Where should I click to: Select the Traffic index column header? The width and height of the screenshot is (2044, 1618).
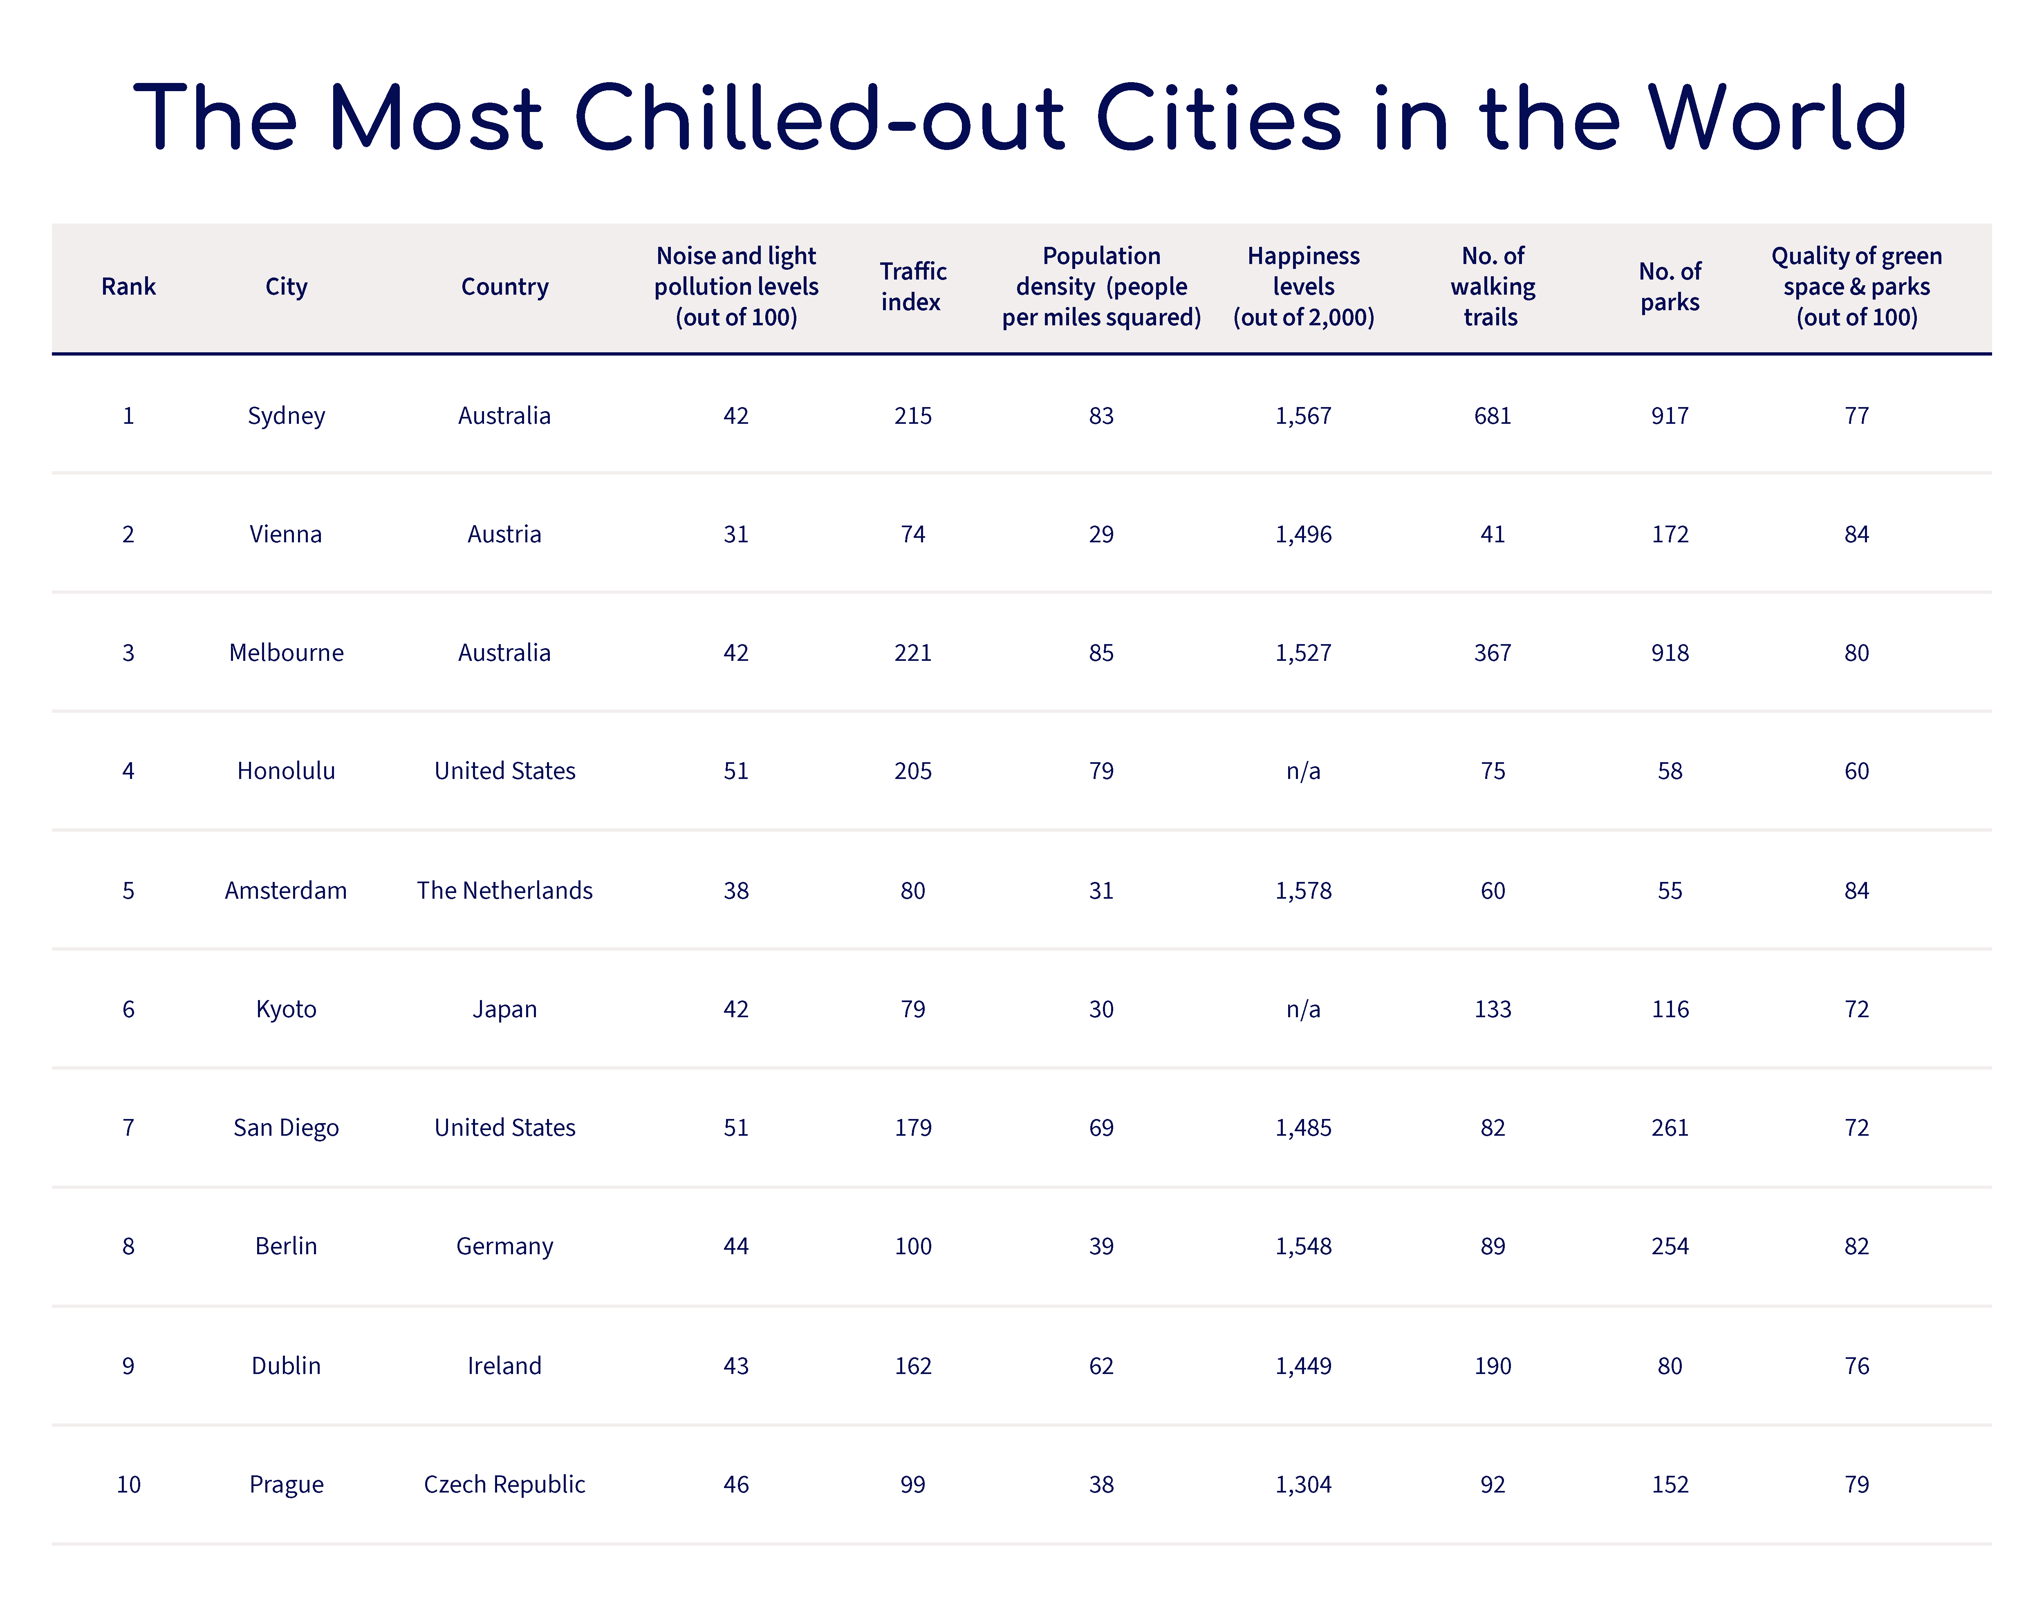(x=912, y=286)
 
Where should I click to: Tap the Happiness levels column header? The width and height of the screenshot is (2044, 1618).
(x=1303, y=286)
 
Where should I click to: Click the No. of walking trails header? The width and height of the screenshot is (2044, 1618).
(x=1493, y=286)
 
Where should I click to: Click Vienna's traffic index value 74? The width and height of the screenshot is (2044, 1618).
(x=912, y=534)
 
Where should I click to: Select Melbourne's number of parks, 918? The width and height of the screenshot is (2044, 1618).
(x=1670, y=653)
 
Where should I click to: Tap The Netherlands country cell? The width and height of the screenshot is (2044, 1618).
(x=504, y=891)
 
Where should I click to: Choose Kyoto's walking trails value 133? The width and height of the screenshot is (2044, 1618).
(x=1493, y=1009)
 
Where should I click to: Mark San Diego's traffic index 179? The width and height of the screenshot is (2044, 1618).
(x=912, y=1127)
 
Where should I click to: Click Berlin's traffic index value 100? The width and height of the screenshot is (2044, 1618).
(x=912, y=1246)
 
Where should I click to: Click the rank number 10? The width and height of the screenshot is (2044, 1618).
(x=128, y=1484)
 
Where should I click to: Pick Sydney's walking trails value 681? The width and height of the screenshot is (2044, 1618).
(x=1493, y=416)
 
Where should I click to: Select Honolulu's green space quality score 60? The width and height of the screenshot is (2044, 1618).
(x=1856, y=771)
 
